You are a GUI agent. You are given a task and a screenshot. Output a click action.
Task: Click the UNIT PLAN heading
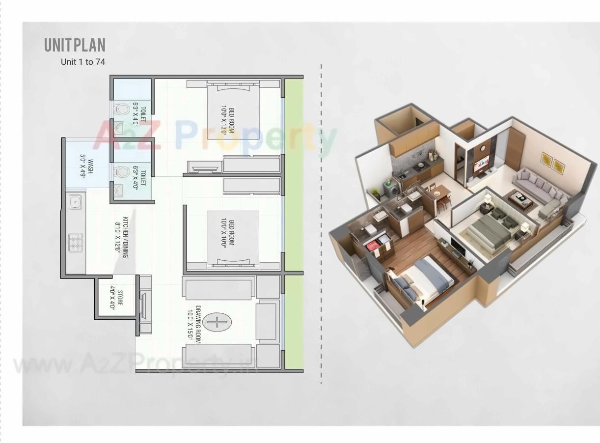pos(75,45)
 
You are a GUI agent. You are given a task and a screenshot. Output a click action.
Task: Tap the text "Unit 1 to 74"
pos(82,62)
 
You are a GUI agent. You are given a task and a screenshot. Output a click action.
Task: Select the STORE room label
pos(116,297)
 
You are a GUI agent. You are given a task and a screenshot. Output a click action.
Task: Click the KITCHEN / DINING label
pos(121,237)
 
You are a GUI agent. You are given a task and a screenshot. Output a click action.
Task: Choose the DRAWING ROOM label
pos(194,325)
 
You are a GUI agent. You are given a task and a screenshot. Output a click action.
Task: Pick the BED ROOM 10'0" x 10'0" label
pos(228,234)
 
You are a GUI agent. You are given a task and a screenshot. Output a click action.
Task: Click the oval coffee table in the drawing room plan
pos(217,322)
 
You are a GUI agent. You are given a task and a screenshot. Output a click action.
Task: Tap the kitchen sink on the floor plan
pos(75,201)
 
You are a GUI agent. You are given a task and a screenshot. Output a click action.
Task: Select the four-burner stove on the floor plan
pos(75,243)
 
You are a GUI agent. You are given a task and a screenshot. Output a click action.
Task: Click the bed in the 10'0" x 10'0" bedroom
pos(233,239)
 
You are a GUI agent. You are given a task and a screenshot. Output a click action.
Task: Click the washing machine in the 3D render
pos(391,189)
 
